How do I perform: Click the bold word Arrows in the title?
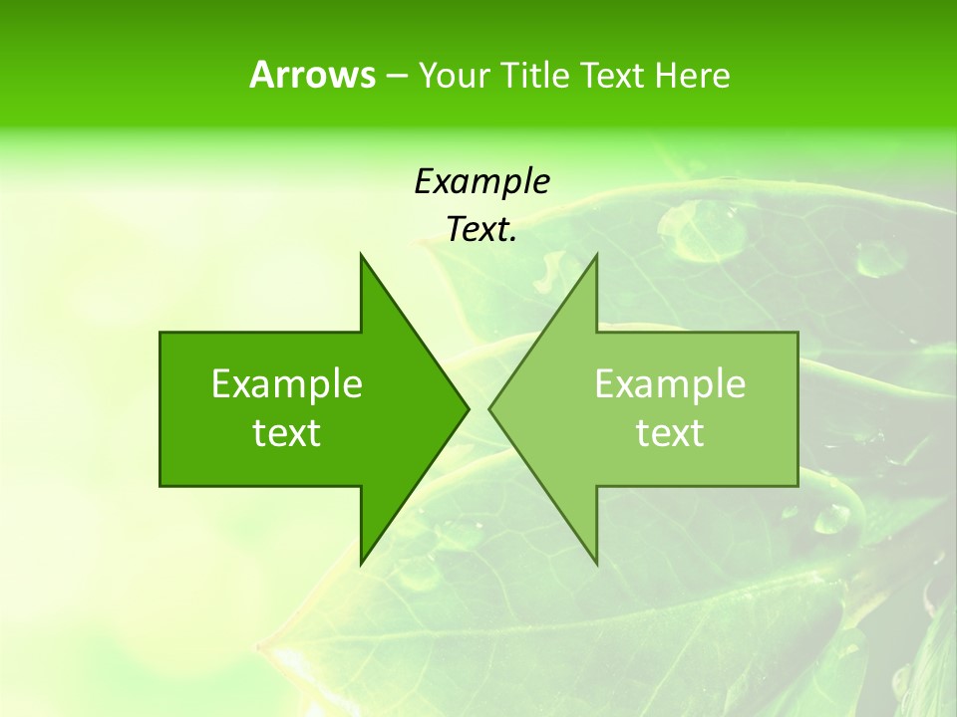click(312, 75)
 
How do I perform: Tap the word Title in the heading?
click(539, 76)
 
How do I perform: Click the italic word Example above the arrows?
click(481, 182)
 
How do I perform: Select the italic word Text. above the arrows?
click(481, 230)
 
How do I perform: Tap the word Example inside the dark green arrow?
click(287, 384)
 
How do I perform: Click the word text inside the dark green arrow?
click(287, 433)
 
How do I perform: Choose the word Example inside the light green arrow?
click(670, 384)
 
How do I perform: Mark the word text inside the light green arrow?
click(670, 433)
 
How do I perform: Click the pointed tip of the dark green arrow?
click(468, 408)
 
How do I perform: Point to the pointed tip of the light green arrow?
click(490, 408)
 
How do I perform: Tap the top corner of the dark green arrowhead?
click(361, 255)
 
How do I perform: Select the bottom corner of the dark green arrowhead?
click(361, 564)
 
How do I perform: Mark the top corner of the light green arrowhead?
click(596, 255)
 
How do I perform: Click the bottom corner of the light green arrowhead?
click(596, 564)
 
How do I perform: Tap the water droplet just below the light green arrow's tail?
click(831, 518)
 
